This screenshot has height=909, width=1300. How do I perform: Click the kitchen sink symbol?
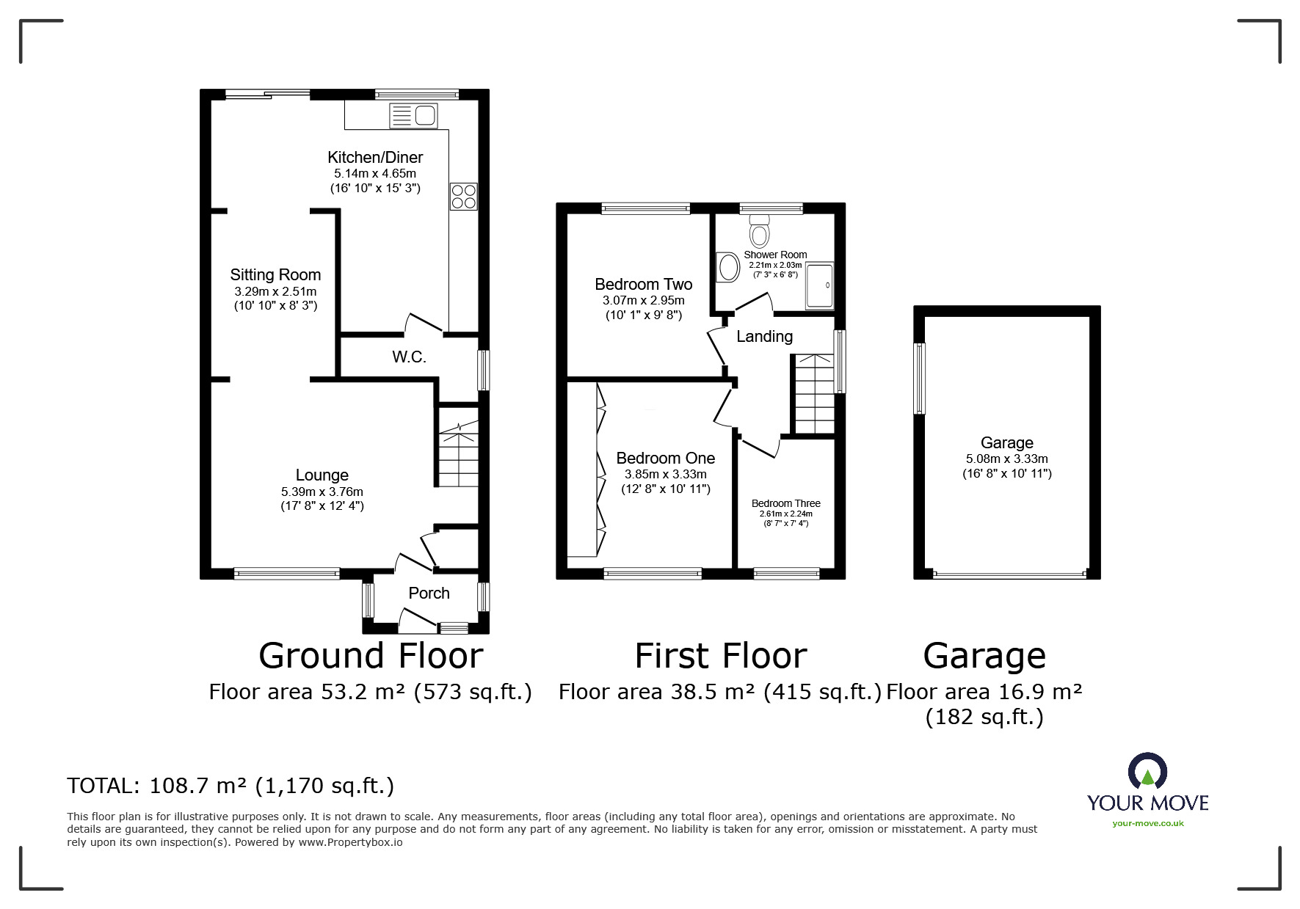coord(413,116)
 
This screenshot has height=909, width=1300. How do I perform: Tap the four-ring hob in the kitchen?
coord(463,197)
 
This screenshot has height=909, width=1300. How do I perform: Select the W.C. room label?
coord(409,357)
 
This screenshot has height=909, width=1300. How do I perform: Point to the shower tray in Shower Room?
coord(820,285)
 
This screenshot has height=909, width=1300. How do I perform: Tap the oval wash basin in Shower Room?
coord(728,267)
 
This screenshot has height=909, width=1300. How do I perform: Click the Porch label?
coord(429,593)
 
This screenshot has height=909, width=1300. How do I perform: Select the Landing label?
coord(764,337)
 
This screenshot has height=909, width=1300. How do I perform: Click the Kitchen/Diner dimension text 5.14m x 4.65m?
coord(374,174)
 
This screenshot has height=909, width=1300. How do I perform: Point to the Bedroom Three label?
coord(785,503)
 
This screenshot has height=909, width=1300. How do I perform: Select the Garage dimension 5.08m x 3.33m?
coord(1006,459)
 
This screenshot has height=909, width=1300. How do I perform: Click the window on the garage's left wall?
coord(919,378)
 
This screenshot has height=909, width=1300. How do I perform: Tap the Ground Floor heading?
coord(371,655)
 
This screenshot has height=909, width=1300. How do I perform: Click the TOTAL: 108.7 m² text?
coord(230,786)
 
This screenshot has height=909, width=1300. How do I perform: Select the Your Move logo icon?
coord(1147,773)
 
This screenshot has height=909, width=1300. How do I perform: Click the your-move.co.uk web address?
coord(1147,823)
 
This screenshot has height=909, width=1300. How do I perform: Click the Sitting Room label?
coord(275,275)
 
